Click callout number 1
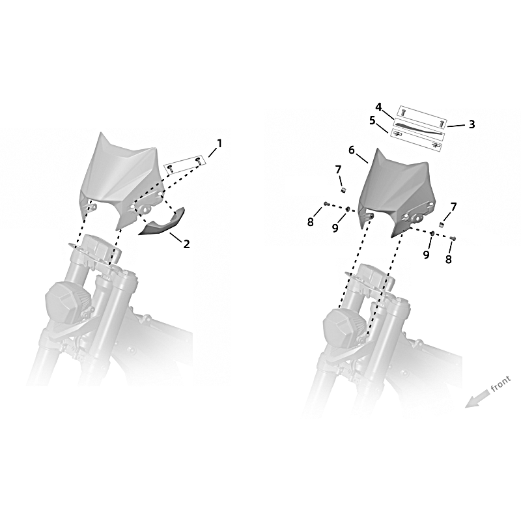pyautogui.click(x=219, y=143)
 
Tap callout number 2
pyautogui.click(x=186, y=244)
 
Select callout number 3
pyautogui.click(x=472, y=124)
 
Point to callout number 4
pyautogui.click(x=378, y=107)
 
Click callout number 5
pyautogui.click(x=372, y=120)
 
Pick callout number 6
pyautogui.click(x=352, y=150)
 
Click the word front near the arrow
pyautogui.click(x=500, y=384)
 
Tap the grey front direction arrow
pyautogui.click(x=477, y=399)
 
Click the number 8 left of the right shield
pyautogui.click(x=311, y=222)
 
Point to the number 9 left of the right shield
pyautogui.click(x=335, y=228)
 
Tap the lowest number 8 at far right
pyautogui.click(x=448, y=259)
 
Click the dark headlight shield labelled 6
pyautogui.click(x=395, y=193)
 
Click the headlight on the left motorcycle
pyautogui.click(x=69, y=302)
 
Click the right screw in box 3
pyautogui.click(x=442, y=124)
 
